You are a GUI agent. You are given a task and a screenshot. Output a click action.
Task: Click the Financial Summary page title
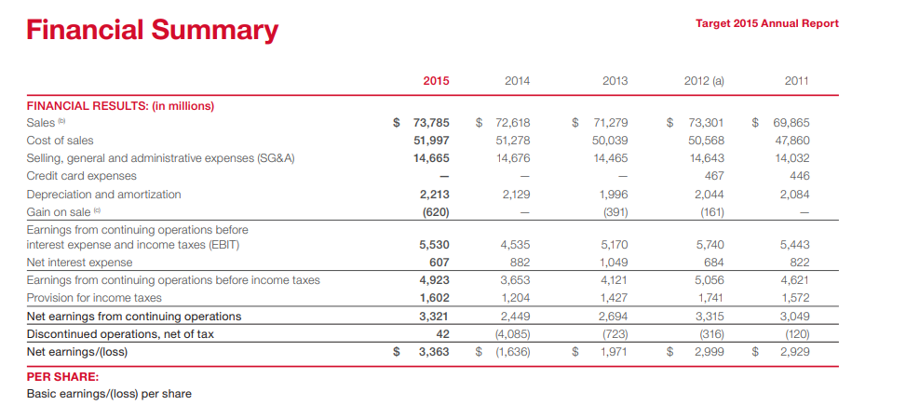point(153,31)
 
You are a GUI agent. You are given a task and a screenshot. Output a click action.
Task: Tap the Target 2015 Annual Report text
point(767,23)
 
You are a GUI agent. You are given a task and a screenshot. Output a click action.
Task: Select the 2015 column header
point(436,81)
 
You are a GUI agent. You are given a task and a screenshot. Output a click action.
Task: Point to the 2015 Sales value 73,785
point(432,123)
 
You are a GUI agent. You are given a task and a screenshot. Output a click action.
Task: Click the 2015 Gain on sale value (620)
point(435,211)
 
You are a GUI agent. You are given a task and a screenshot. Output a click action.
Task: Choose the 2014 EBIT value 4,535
point(516,245)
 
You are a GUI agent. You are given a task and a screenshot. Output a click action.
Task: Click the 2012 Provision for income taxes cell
point(711,298)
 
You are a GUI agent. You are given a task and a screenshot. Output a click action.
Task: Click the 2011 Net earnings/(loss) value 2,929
point(795,351)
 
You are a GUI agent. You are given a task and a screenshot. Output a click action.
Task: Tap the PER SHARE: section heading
point(63,377)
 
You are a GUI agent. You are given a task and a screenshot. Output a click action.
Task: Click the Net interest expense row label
point(80,263)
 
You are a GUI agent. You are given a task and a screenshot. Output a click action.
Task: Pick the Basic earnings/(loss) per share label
point(109,394)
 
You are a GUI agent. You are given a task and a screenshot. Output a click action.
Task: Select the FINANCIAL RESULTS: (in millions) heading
point(120,106)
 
